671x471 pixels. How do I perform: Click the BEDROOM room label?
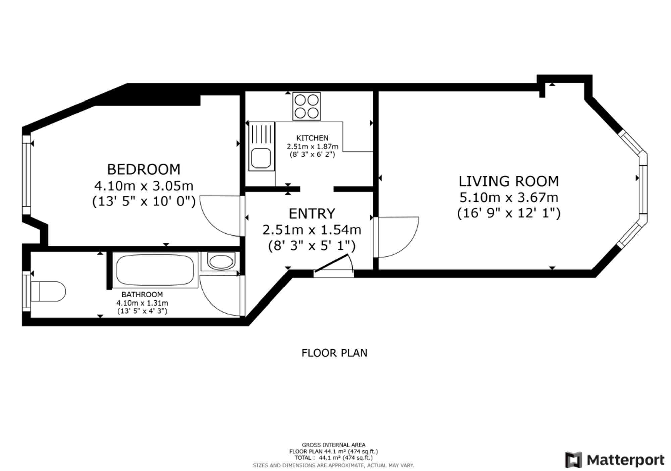(x=144, y=169)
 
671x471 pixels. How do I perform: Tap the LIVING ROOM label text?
(x=509, y=181)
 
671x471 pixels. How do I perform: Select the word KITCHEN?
(x=312, y=138)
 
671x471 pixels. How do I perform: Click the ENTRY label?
(x=312, y=214)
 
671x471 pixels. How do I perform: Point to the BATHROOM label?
(x=142, y=295)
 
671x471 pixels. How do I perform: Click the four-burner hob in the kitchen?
(x=306, y=106)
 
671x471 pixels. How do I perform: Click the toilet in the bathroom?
(x=48, y=291)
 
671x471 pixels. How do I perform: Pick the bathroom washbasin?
(x=220, y=261)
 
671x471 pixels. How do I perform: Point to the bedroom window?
(x=27, y=174)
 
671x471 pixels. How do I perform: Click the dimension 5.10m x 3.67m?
(x=509, y=197)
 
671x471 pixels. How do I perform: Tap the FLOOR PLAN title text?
(x=334, y=353)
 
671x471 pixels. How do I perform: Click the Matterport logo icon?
(x=573, y=460)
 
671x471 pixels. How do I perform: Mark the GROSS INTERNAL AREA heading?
(x=333, y=445)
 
